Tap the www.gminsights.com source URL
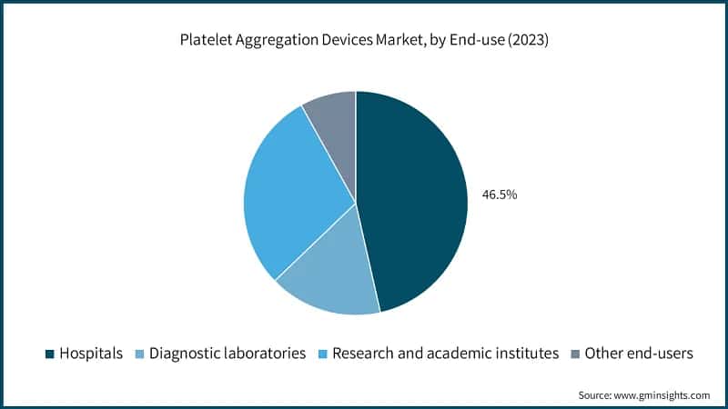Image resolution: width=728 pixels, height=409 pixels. [662, 395]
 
